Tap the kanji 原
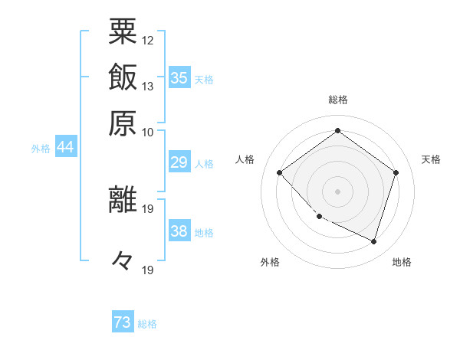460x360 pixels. click(x=123, y=122)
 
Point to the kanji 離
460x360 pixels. click(x=123, y=198)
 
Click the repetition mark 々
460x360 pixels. click(x=123, y=260)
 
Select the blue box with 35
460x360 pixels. click(x=179, y=78)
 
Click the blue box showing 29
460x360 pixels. click(x=179, y=162)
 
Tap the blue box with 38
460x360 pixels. click(x=179, y=231)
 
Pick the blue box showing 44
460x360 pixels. click(x=65, y=147)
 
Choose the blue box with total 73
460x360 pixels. click(x=123, y=322)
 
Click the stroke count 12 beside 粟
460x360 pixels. click(x=148, y=40)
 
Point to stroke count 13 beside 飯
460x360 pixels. click(x=148, y=86)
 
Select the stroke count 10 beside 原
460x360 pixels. click(x=148, y=131)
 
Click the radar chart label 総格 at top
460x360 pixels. click(x=338, y=100)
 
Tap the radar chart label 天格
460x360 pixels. click(x=432, y=159)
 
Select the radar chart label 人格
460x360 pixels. click(x=245, y=159)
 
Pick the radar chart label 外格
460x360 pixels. click(x=270, y=262)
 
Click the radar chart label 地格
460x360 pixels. click(x=402, y=262)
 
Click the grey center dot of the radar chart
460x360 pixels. click(x=337, y=191)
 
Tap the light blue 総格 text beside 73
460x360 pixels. click(x=147, y=324)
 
